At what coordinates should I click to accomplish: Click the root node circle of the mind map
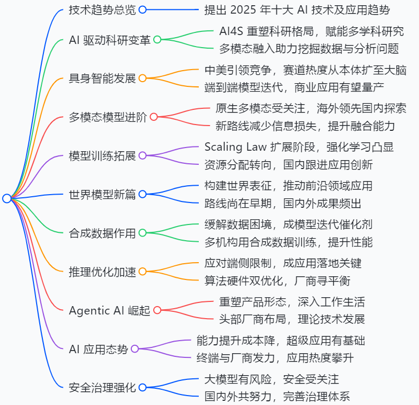pyautogui.click(x=7, y=198)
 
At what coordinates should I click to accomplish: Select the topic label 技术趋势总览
pyautogui.click(x=102, y=9)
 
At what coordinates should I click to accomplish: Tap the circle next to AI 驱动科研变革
pyautogui.click(x=157, y=40)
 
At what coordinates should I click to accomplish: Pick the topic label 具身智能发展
pyautogui.click(x=102, y=78)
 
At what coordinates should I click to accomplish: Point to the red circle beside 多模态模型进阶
pyautogui.click(x=154, y=117)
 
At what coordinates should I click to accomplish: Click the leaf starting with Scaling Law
pyautogui.click(x=288, y=146)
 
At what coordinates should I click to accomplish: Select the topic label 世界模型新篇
pyautogui.click(x=102, y=195)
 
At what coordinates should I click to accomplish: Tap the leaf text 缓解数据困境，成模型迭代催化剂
pyautogui.click(x=288, y=224)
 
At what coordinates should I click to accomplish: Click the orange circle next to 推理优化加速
pyautogui.click(x=142, y=272)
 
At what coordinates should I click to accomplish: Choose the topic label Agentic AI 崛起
pyautogui.click(x=109, y=310)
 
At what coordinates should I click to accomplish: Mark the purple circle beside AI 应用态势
pyautogui.click(x=134, y=349)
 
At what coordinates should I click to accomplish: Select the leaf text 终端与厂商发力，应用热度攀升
pyautogui.click(x=280, y=358)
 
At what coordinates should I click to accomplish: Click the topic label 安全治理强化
pyautogui.click(x=102, y=388)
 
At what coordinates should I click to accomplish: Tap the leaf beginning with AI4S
pyautogui.click(x=311, y=31)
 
